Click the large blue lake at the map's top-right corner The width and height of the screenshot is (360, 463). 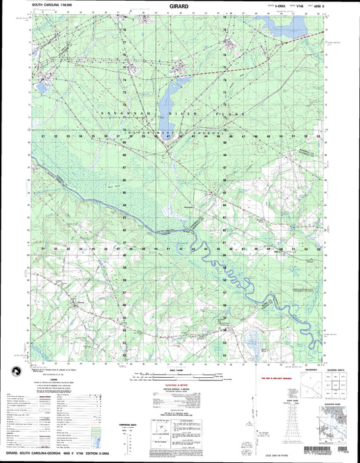click(x=286, y=27)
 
